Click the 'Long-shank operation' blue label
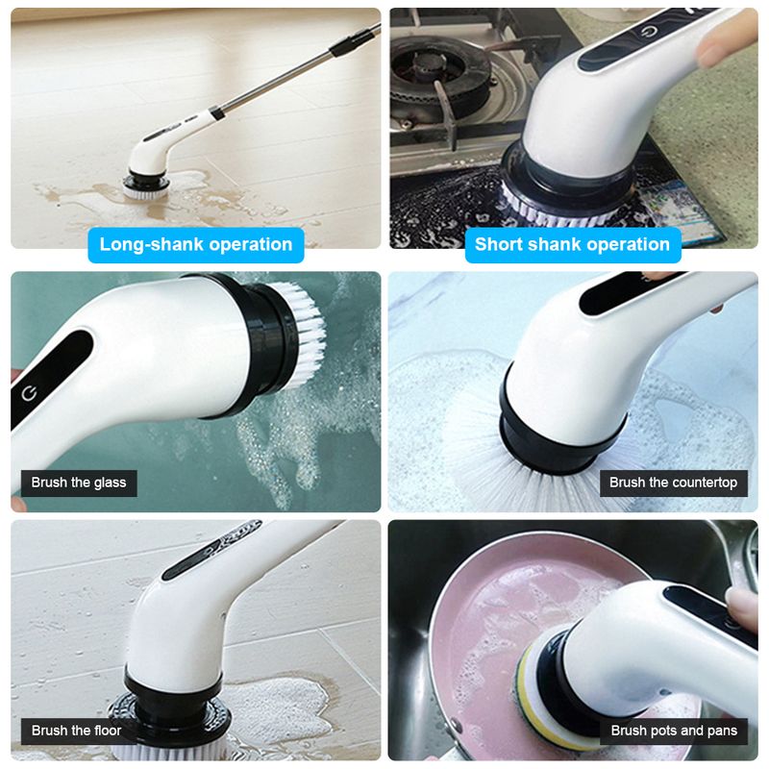click(x=196, y=245)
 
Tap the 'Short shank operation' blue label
click(x=572, y=245)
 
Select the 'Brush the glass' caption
click(x=79, y=484)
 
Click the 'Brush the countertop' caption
click(x=674, y=484)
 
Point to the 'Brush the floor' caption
click(x=76, y=732)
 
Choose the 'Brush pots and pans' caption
click(x=674, y=732)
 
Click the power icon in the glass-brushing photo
click(x=29, y=393)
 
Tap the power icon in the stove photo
click(x=649, y=33)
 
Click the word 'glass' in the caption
click(x=110, y=484)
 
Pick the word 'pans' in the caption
click(x=722, y=732)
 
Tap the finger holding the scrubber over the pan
click(x=741, y=608)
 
